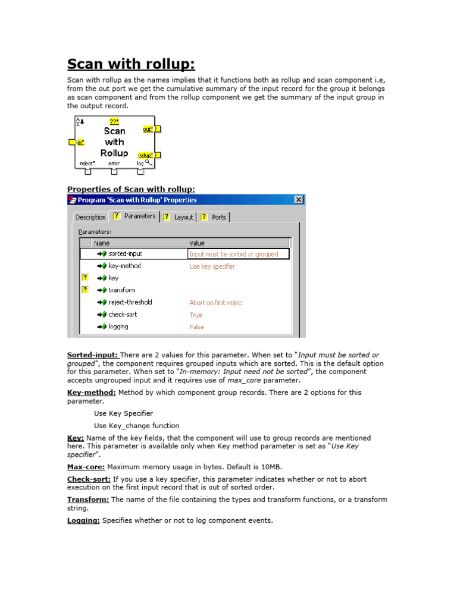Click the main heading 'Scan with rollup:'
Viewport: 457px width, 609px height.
point(131,64)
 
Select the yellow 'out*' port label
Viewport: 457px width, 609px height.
point(148,128)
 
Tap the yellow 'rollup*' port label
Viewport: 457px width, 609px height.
point(146,155)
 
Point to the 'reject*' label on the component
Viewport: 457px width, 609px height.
point(87,163)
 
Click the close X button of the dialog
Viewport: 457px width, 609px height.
point(299,200)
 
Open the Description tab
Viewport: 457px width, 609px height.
point(90,217)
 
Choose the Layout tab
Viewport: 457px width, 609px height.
point(183,217)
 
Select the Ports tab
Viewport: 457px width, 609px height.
point(219,217)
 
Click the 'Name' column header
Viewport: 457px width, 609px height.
point(102,243)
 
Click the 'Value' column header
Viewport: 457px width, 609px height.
point(197,243)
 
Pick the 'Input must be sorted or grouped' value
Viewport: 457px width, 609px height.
point(234,254)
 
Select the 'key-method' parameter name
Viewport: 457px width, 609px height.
point(125,266)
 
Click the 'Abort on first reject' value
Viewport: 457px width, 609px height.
point(216,303)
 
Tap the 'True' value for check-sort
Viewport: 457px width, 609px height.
point(196,315)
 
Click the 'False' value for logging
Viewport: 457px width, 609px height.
point(196,327)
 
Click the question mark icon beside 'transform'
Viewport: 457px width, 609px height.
point(85,290)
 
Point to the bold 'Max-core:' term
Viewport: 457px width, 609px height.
point(86,467)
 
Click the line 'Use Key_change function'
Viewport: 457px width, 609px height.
point(136,425)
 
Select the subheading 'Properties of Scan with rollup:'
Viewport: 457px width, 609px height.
point(123,189)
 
